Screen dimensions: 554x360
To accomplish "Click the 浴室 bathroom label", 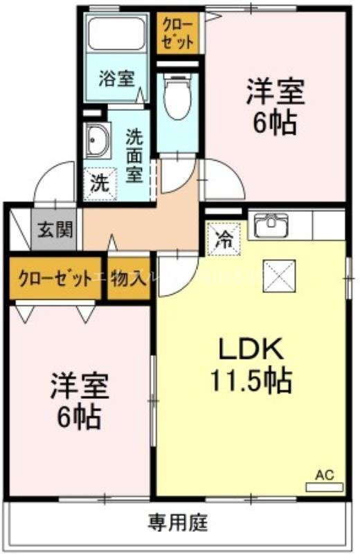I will [116, 78].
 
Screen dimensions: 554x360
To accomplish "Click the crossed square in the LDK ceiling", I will [282, 276].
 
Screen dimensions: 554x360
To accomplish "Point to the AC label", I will [325, 475].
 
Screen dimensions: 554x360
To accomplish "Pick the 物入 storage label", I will [129, 278].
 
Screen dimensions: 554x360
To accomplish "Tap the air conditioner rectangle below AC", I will [325, 487].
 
